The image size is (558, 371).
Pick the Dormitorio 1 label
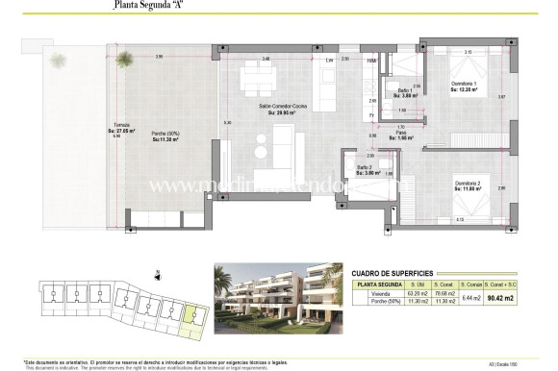tap(468, 86)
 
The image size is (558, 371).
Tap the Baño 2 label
tap(367, 169)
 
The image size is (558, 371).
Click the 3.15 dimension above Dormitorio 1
tap(468, 51)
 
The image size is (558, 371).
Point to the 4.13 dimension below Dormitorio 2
tap(458, 219)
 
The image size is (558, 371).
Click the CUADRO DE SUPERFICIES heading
tap(392, 271)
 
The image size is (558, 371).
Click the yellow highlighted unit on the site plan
tap(193, 316)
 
